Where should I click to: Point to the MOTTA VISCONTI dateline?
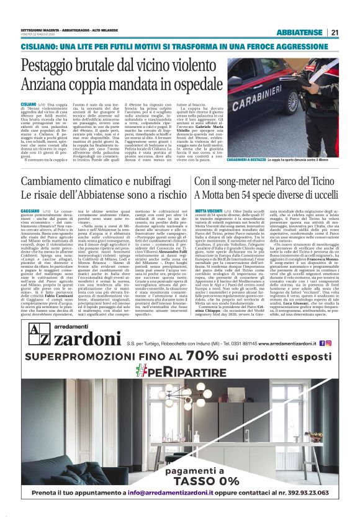pyautogui.click(x=208, y=211)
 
